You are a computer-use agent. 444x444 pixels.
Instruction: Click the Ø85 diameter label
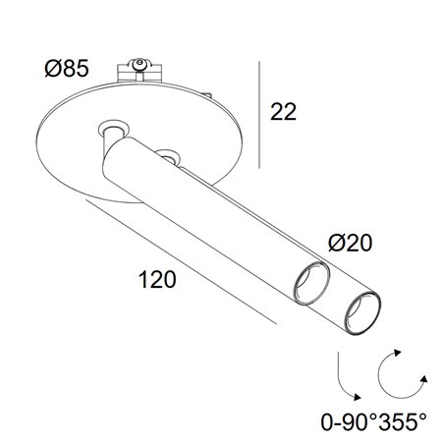pos(67,69)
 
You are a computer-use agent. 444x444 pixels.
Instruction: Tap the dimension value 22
pos(283,112)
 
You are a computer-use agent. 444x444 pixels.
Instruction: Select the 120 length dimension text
pos(157,280)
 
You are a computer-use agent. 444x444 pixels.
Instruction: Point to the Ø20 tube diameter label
pos(350,243)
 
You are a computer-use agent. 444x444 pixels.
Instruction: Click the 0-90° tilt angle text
pos(349,421)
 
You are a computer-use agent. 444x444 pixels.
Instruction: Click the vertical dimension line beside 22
pos(259,115)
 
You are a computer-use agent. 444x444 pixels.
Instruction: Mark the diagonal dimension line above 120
pos(181,262)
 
